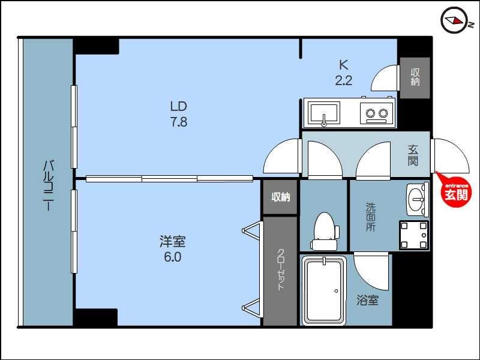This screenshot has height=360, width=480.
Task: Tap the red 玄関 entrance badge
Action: pos(457,191)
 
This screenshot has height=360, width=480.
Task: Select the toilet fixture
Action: pos(325,231)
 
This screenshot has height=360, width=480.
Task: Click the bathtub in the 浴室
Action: pos(323,290)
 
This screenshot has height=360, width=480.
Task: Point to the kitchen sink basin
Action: pos(323,113)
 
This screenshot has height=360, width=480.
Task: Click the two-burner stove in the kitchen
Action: pos(377,113)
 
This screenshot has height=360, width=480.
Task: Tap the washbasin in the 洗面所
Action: pos(418,199)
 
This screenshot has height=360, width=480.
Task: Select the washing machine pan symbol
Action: pos(414,235)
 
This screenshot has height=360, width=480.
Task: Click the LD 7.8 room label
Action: pos(179,114)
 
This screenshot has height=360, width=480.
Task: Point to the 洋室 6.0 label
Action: pos(172,249)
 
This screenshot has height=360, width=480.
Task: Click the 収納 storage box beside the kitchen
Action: pos(415,77)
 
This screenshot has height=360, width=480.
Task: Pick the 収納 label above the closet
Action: pos(280,197)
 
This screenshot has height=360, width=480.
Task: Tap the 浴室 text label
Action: pos(367,301)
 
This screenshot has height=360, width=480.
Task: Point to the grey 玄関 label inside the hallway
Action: pos(413,155)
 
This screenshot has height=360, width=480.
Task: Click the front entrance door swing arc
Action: pos(449,156)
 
